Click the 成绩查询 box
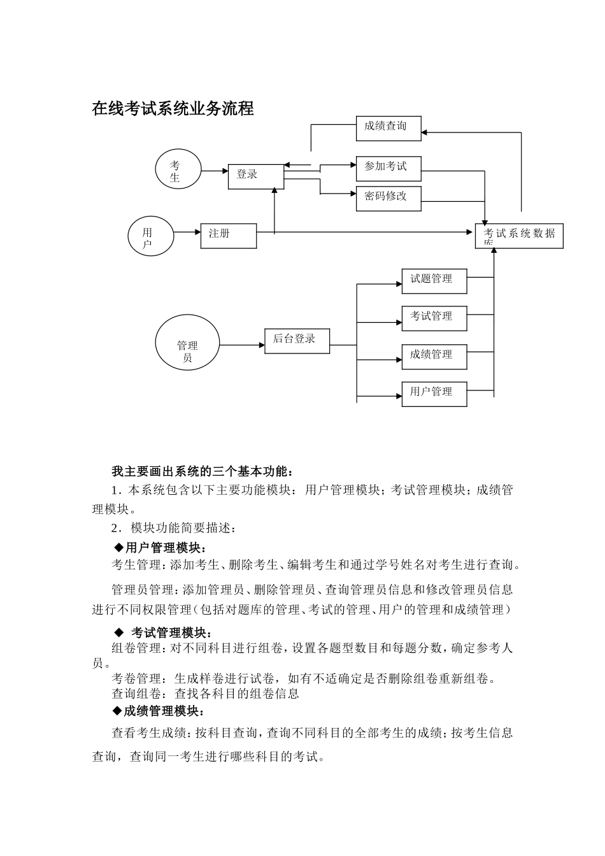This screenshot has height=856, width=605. (388, 128)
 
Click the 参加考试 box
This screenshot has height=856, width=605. (388, 168)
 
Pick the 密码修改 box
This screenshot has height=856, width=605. (388, 198)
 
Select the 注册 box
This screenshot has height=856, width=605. (229, 236)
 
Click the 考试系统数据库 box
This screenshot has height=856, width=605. (519, 236)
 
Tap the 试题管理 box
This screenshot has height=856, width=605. (434, 281)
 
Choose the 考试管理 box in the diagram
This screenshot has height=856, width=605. (434, 318)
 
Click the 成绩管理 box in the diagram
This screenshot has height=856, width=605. (434, 356)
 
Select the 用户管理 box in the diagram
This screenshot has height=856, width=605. (434, 394)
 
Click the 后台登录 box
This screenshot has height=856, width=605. (297, 341)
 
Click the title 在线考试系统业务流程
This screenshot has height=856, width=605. (173, 109)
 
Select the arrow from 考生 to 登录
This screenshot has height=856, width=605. (215, 170)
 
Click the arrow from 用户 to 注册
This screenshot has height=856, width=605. (187, 232)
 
